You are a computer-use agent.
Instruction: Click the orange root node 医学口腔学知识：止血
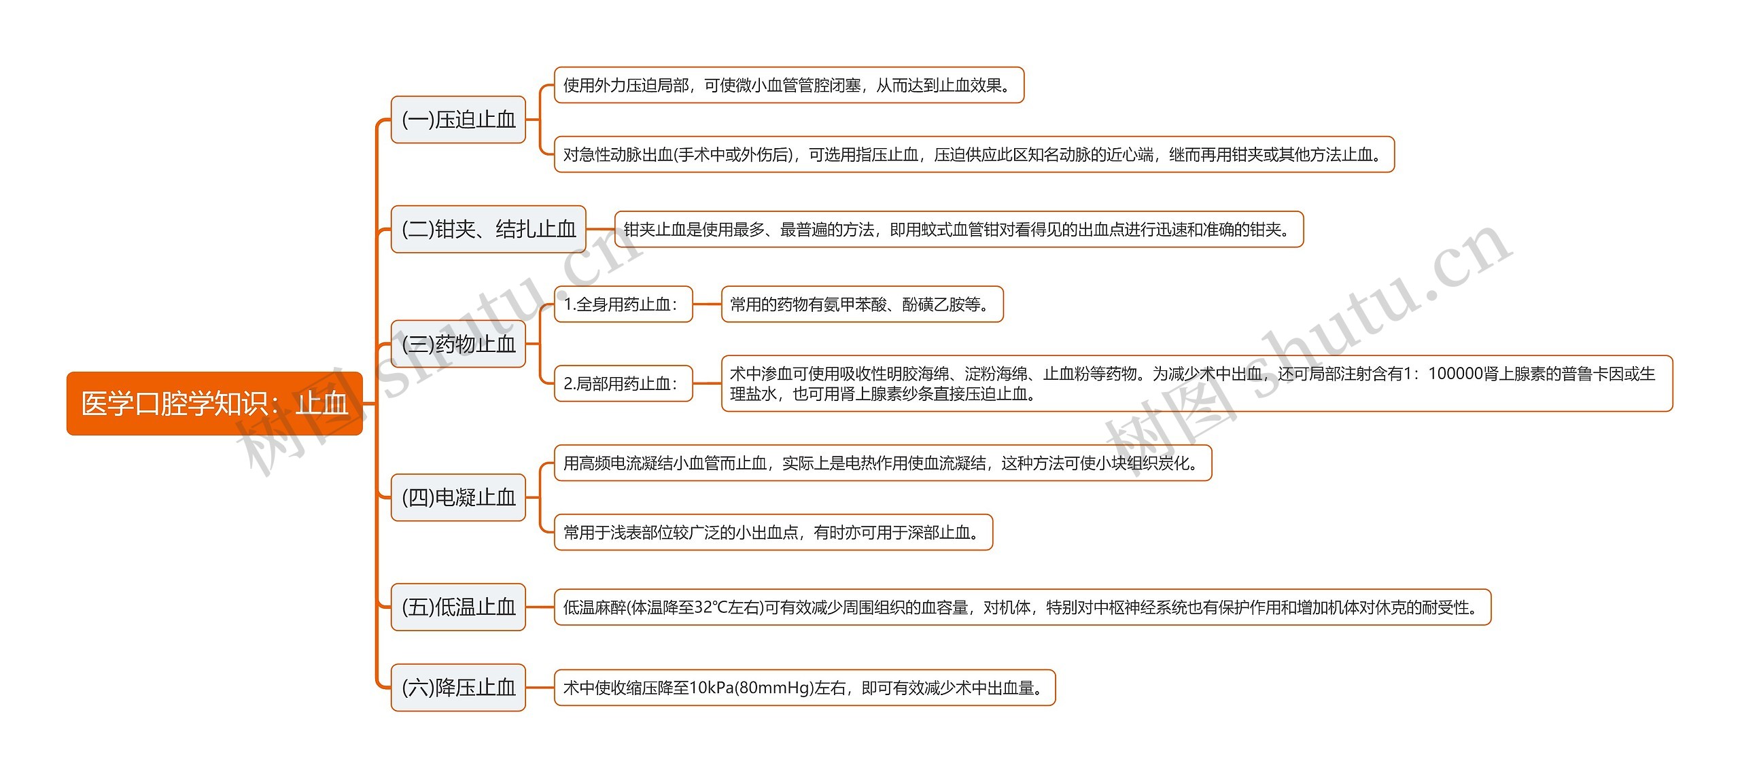pyautogui.click(x=214, y=404)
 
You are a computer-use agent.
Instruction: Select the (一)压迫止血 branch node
pyautogui.click(x=458, y=120)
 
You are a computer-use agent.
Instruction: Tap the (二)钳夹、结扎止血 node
pyautogui.click(x=488, y=229)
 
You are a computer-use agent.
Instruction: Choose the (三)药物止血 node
pyautogui.click(x=458, y=344)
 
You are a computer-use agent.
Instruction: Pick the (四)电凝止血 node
pyautogui.click(x=458, y=497)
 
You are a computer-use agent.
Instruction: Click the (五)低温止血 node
pyautogui.click(x=458, y=607)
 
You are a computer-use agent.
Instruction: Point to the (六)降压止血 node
pyautogui.click(x=458, y=688)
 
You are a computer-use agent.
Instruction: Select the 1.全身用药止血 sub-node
pyautogui.click(x=623, y=304)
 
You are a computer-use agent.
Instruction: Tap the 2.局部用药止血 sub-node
pyautogui.click(x=623, y=384)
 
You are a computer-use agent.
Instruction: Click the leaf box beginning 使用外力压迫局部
pyautogui.click(x=788, y=85)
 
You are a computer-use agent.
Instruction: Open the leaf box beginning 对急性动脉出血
pyautogui.click(x=973, y=155)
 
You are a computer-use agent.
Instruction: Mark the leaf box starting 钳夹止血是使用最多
pyautogui.click(x=958, y=230)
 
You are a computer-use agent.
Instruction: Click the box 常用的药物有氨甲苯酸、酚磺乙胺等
pyautogui.click(x=861, y=304)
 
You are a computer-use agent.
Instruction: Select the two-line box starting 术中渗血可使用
pyautogui.click(x=1196, y=384)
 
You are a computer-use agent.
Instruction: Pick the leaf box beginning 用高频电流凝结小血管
pyautogui.click(x=882, y=463)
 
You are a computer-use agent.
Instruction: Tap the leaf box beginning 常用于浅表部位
pyautogui.click(x=773, y=533)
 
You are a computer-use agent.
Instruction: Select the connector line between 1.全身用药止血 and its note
pyautogui.click(x=707, y=304)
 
